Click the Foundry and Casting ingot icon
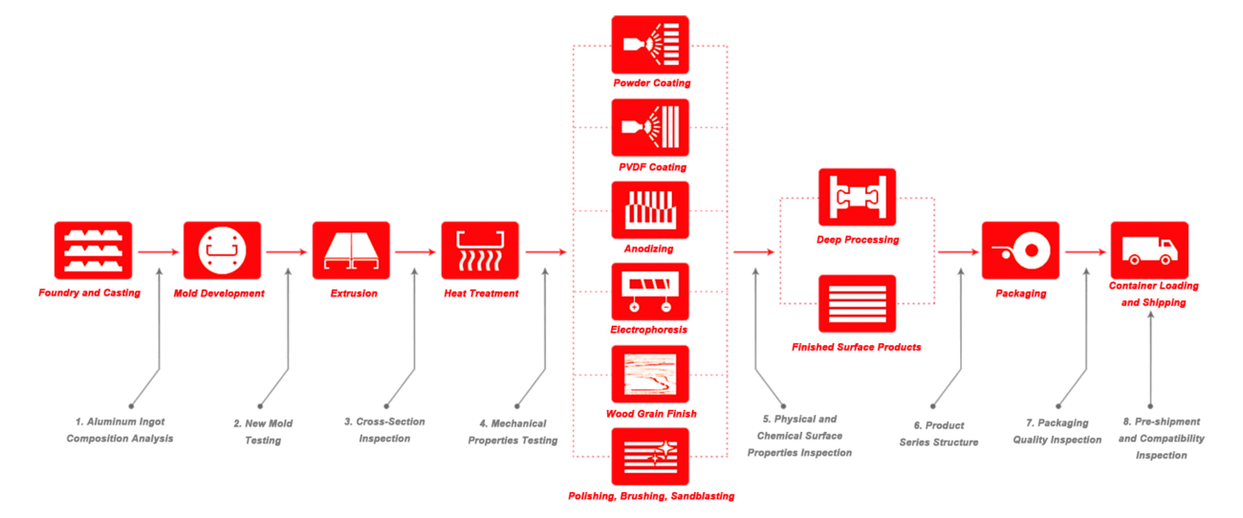tap(93, 250)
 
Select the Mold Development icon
tap(222, 250)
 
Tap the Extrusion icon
tap(351, 250)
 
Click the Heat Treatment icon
tap(480, 250)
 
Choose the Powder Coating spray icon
tap(650, 44)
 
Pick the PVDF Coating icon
tap(650, 127)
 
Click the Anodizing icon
tap(650, 210)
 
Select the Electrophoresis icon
tap(650, 291)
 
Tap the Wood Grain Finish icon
tap(650, 375)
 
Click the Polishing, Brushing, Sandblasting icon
tap(650, 457)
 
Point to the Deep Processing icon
tap(857, 198)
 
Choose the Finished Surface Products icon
tap(857, 304)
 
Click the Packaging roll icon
tap(1020, 250)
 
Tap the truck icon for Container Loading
tap(1149, 250)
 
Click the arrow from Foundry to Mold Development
tap(158, 252)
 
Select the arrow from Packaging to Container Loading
tap(1085, 252)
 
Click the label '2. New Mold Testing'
tap(264, 432)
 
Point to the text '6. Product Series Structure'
tap(938, 434)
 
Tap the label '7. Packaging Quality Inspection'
tap(1058, 431)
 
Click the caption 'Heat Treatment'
tap(481, 293)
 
